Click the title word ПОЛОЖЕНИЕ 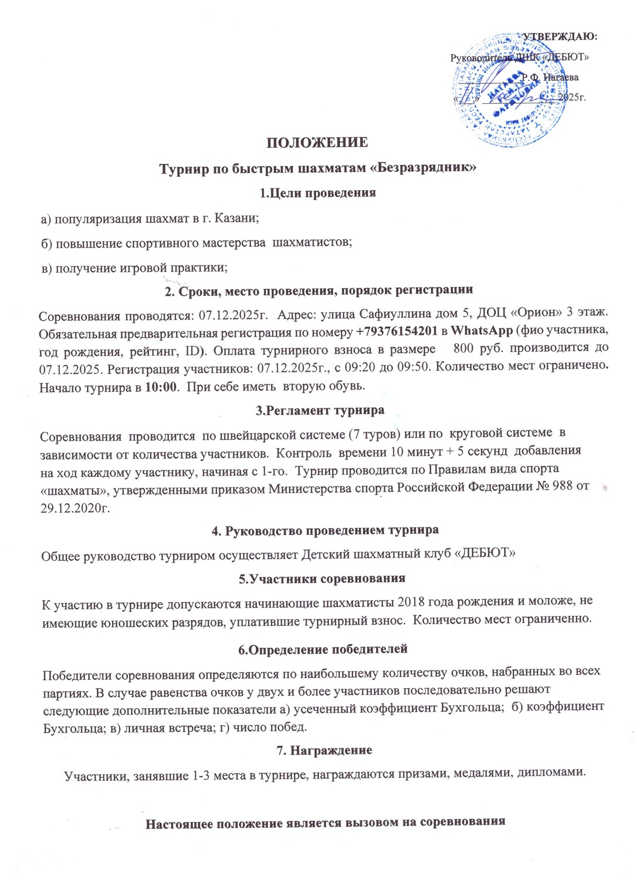pyautogui.click(x=317, y=143)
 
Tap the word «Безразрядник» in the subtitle pyautogui.click(x=426, y=168)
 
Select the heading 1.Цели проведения pyautogui.click(x=317, y=193)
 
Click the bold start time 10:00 pyautogui.click(x=161, y=387)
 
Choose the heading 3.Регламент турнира pyautogui.click(x=320, y=411)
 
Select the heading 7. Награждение pyautogui.click(x=324, y=750)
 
